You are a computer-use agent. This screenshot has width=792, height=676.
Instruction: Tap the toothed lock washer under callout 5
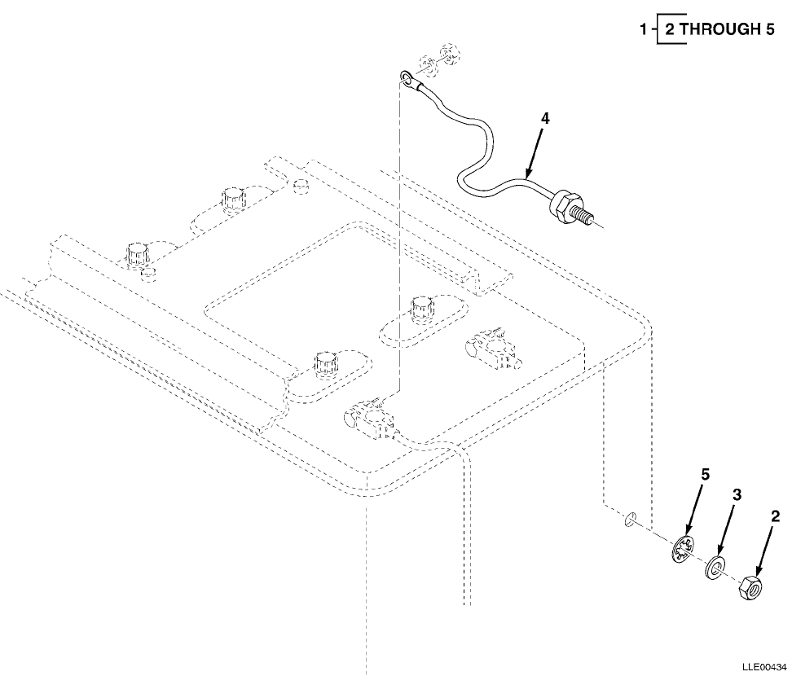[x=683, y=551]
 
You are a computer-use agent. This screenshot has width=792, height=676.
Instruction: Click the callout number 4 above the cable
[x=545, y=118]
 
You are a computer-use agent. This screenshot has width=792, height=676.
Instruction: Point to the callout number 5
[x=706, y=474]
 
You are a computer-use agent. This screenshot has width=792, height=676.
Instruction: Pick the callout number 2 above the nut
[x=775, y=516]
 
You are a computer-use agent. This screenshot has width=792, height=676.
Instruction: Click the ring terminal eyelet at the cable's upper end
[x=406, y=78]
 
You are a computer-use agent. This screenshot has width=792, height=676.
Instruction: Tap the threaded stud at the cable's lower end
[x=583, y=217]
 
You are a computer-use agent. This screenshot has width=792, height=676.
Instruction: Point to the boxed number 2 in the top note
[x=670, y=30]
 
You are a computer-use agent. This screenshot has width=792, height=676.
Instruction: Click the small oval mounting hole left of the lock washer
[x=630, y=519]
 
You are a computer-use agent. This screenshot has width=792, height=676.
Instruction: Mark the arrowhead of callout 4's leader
[x=528, y=176]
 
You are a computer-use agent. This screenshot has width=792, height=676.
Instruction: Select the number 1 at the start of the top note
[x=644, y=30]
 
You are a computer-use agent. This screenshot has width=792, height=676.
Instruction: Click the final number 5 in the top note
[x=769, y=30]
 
